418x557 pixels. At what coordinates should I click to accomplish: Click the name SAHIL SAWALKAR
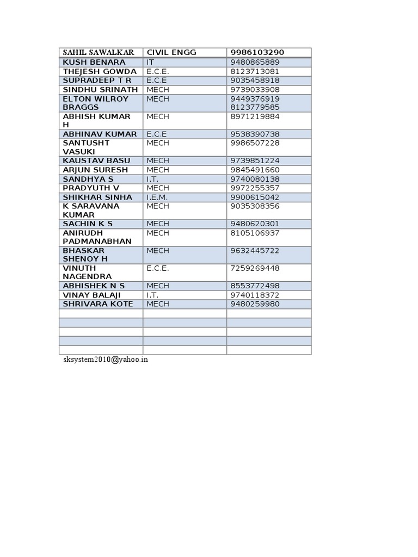98,52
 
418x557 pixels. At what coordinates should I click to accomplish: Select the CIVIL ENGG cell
171,52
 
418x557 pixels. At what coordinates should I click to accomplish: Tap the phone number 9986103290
257,52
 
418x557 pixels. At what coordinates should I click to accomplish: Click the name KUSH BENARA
94,63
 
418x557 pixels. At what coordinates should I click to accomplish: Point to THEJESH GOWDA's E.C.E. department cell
158,71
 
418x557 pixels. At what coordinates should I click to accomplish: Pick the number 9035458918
255,81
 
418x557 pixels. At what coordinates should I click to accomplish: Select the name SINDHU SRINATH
100,89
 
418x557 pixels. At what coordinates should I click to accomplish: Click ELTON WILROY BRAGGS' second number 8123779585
255,107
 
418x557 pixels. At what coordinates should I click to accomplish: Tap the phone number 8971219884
255,116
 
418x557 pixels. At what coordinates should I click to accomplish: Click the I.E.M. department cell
157,197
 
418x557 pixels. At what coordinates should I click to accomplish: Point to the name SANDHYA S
88,179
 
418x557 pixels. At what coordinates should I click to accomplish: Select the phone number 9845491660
255,170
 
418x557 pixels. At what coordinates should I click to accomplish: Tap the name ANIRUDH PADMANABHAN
97,237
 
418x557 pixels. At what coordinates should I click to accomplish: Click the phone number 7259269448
255,268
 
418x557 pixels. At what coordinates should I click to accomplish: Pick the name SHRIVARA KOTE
98,304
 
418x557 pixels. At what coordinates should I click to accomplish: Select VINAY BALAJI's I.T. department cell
153,295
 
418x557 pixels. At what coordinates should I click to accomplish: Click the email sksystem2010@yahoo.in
105,360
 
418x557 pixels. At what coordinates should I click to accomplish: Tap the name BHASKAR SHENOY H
85,255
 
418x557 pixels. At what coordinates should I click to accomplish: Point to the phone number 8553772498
255,286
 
